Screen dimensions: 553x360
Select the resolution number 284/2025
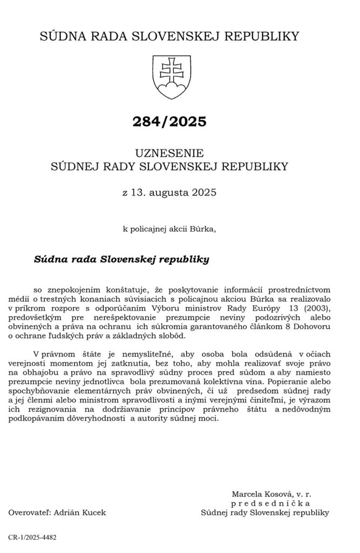(169, 122)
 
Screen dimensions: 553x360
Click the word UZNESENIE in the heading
(169, 152)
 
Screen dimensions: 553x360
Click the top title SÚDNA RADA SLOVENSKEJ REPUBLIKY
(169, 36)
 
